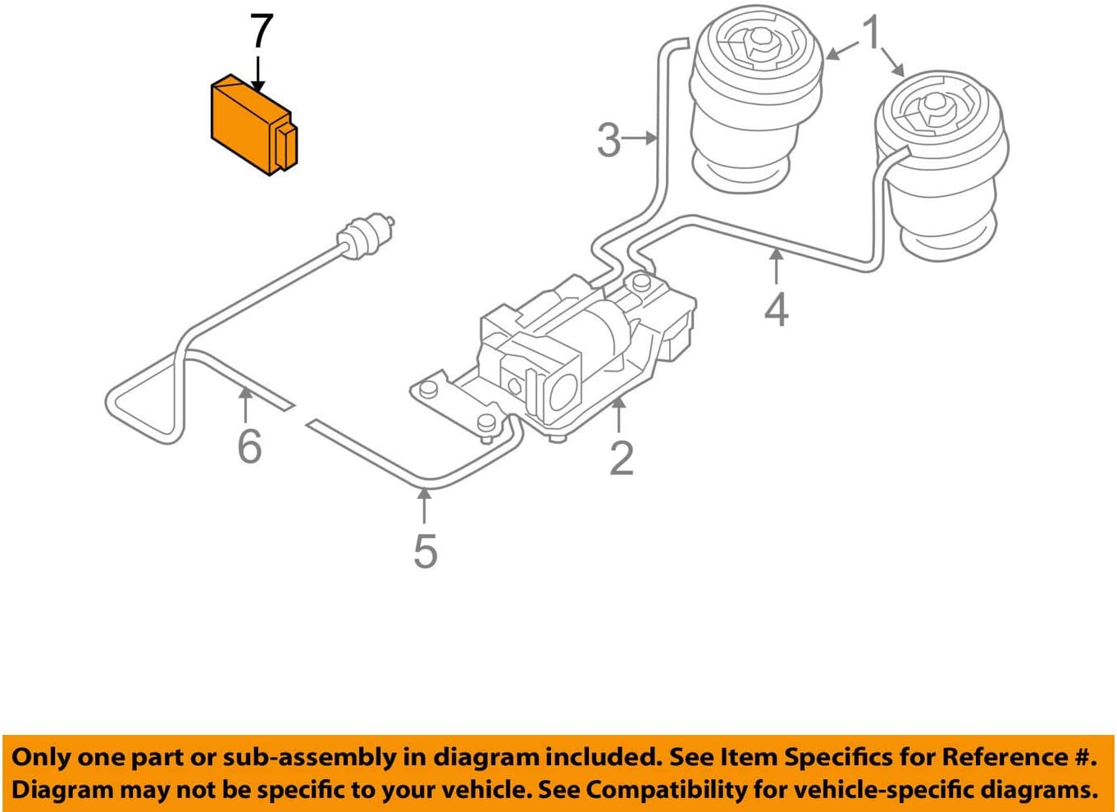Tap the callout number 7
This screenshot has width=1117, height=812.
coord(260,32)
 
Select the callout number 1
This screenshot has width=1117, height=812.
coord(872,34)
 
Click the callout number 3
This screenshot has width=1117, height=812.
coord(609,140)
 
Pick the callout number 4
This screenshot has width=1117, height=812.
coord(776,310)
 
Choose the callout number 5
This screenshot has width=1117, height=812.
coord(425,550)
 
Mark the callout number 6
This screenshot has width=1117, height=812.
coord(249,446)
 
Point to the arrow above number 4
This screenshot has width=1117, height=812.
coord(776,267)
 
